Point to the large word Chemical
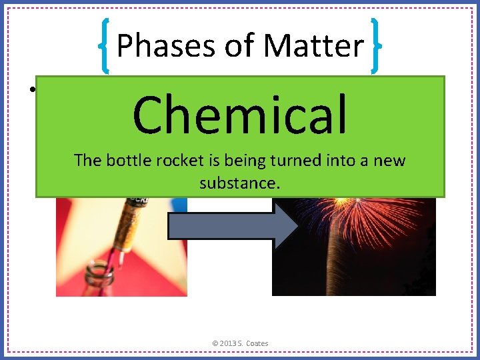240,114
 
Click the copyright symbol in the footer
215,343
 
